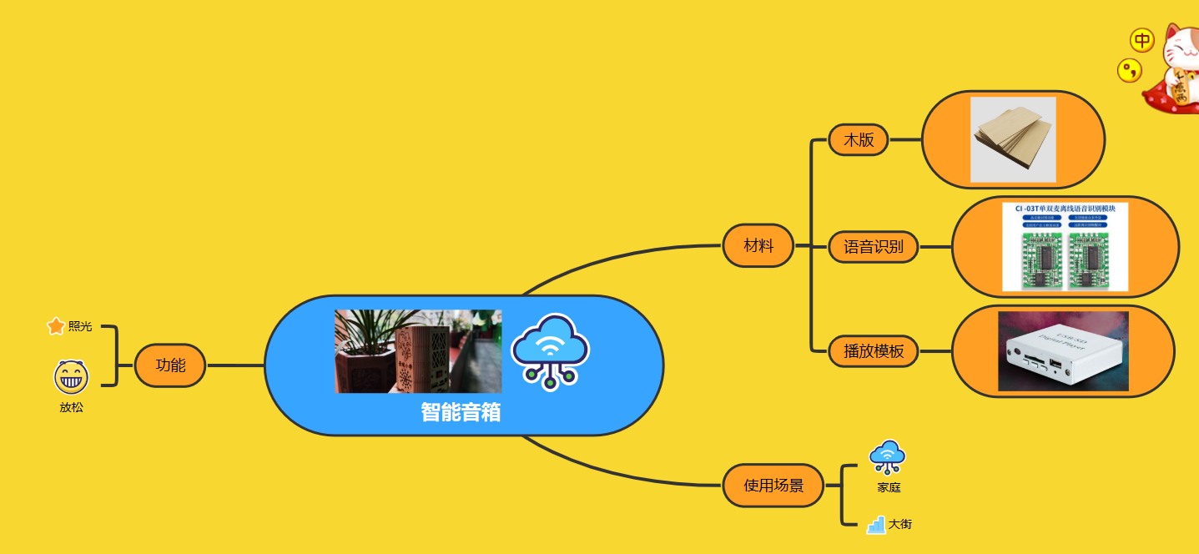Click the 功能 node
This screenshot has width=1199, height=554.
click(170, 365)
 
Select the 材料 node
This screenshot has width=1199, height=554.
click(758, 245)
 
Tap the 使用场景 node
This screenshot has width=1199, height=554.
click(773, 486)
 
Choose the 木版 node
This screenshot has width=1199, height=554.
click(859, 139)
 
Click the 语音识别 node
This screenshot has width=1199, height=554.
click(873, 247)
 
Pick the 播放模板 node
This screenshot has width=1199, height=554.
click(873, 351)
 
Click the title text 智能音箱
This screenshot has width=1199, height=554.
click(461, 412)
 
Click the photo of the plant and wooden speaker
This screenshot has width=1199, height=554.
click(418, 351)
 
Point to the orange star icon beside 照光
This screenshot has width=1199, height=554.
click(56, 326)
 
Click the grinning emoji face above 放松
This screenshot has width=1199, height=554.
click(71, 378)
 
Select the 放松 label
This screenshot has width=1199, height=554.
click(71, 408)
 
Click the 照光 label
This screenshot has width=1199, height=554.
click(80, 326)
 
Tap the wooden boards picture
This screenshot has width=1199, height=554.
click(1013, 139)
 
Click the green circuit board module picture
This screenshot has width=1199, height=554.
click(1065, 247)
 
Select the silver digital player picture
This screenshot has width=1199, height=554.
click(1063, 351)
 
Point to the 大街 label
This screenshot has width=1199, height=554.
click(900, 525)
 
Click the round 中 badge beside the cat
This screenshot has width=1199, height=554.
click(1141, 40)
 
